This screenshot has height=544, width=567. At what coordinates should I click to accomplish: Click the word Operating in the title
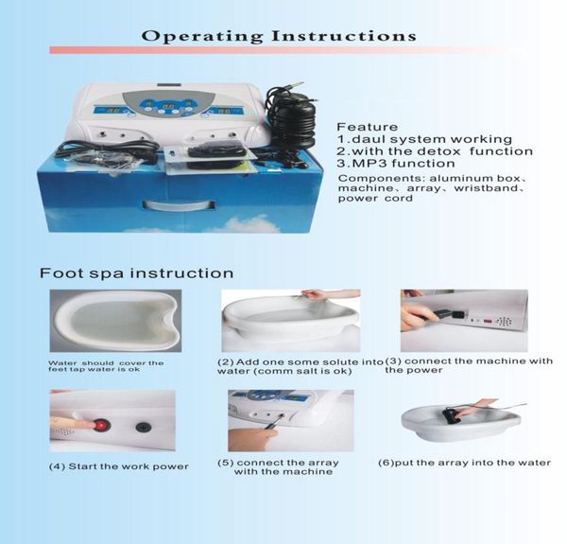[x=190, y=37]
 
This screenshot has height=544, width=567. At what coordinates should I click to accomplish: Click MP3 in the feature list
[x=369, y=164]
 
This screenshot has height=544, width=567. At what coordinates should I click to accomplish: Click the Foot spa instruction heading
[x=136, y=273]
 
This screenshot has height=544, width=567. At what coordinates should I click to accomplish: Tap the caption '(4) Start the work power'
[x=118, y=466]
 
